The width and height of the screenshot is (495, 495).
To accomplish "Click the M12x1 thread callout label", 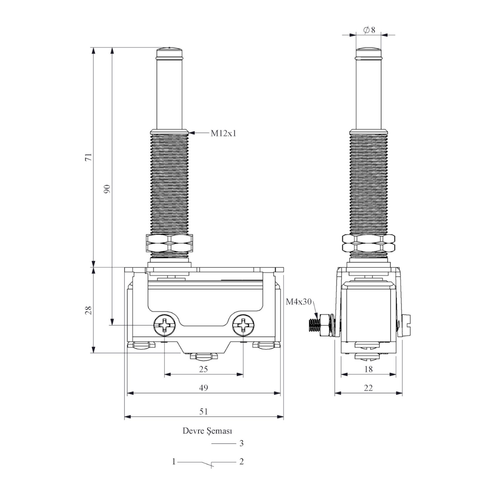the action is click(223, 133).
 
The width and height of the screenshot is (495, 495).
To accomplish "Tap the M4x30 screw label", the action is click(299, 302).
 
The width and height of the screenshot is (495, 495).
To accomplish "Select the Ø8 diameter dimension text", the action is click(369, 30).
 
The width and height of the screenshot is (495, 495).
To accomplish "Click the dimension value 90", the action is click(107, 189).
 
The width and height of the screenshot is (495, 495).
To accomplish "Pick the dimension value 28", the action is click(88, 310).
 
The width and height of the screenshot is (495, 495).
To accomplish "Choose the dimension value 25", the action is click(204, 369).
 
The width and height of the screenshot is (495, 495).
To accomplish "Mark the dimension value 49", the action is click(204, 388).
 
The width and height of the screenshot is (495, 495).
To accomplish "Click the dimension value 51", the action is click(204, 412).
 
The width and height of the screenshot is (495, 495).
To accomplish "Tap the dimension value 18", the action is click(368, 369).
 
